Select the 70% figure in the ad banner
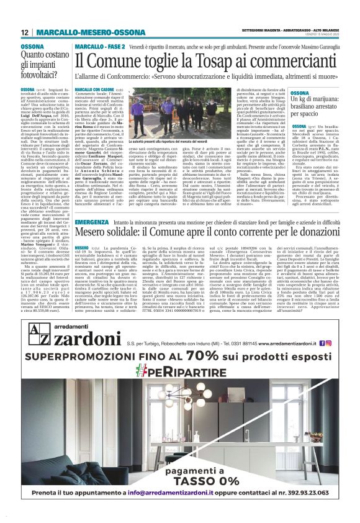(x=205, y=356)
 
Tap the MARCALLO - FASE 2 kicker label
(x=99, y=47)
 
